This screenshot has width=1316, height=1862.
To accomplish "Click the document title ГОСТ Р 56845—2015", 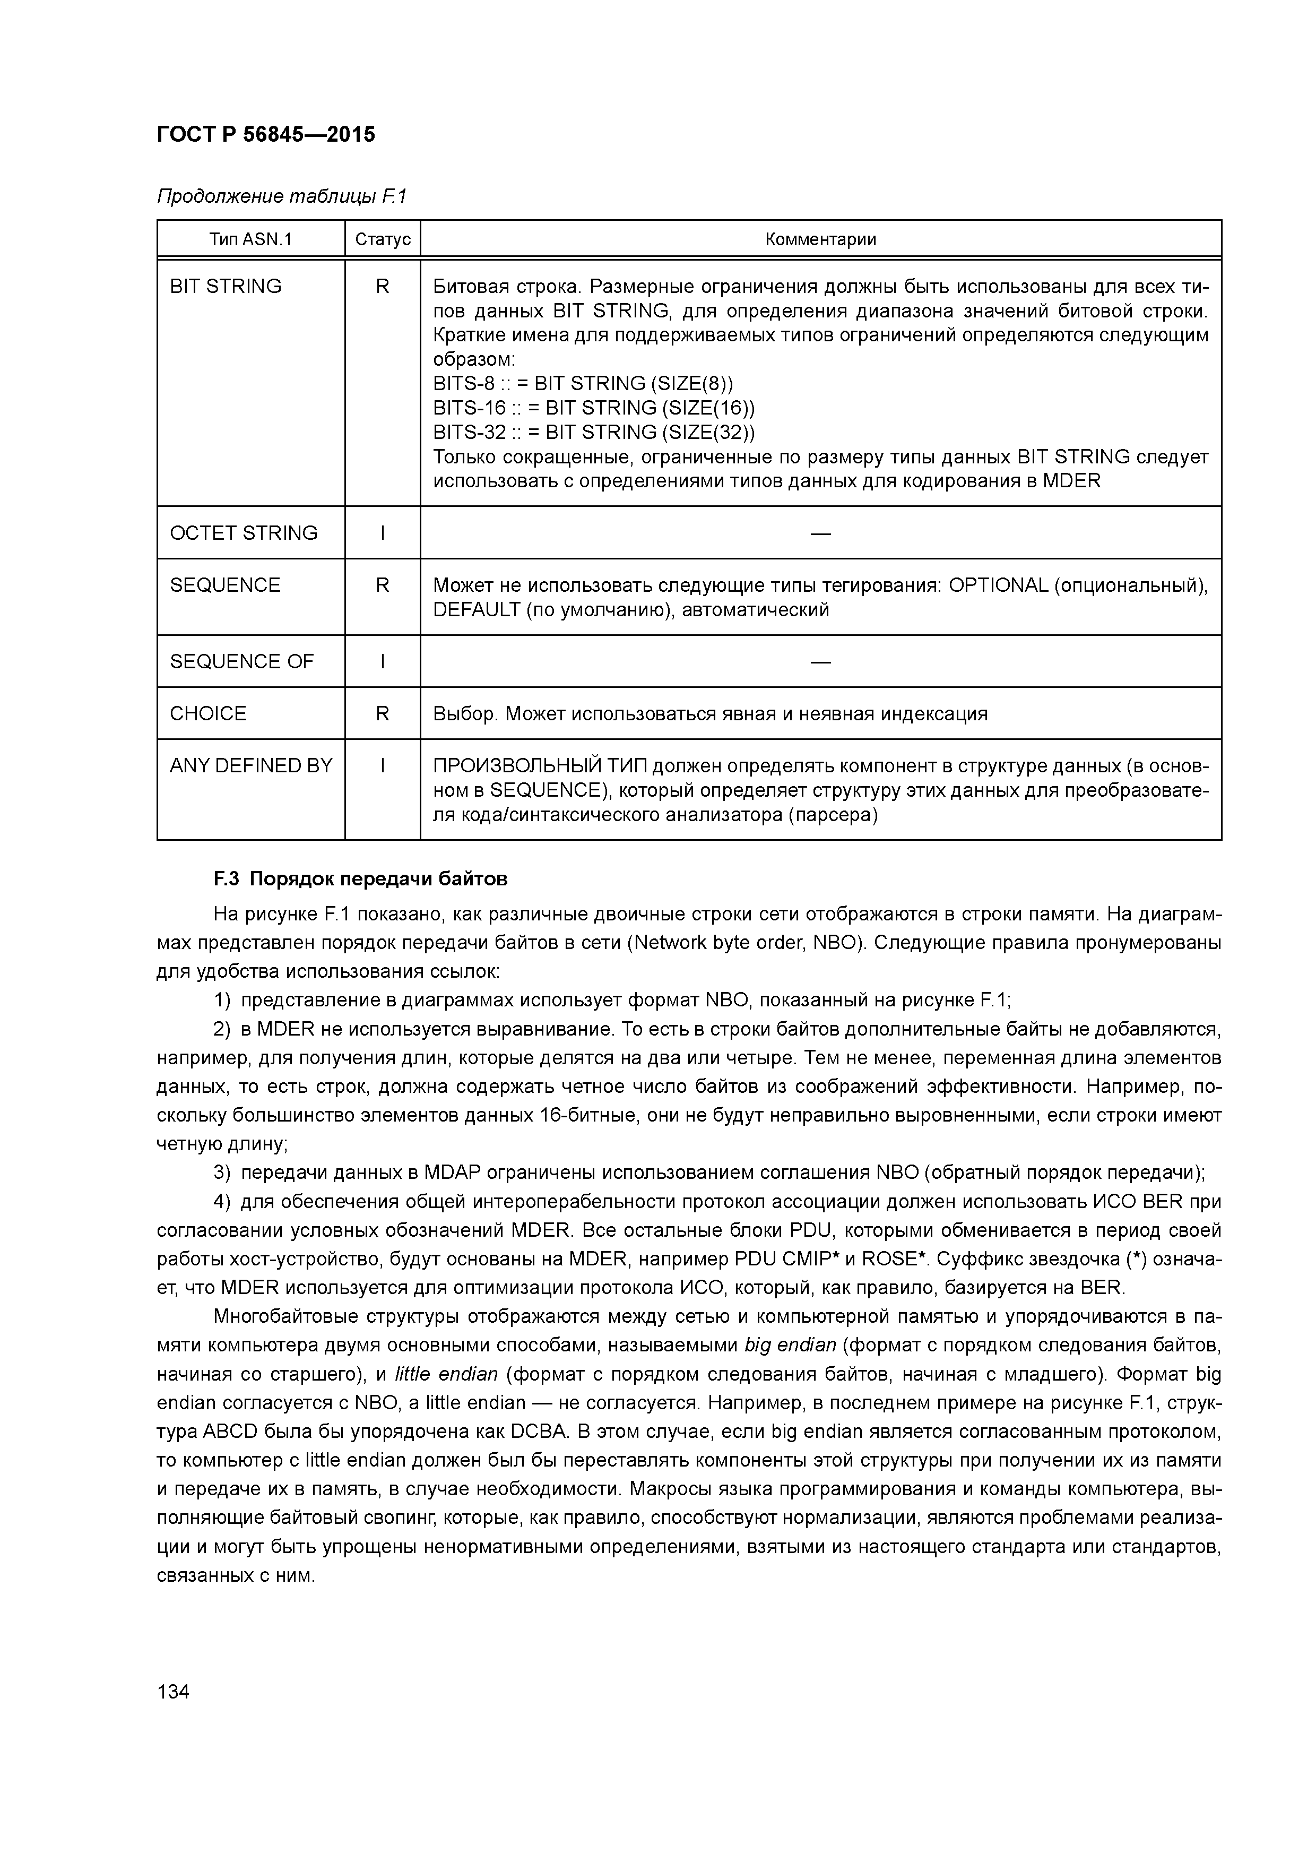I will [x=266, y=135].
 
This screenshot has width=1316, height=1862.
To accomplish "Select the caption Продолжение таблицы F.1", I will [x=281, y=196].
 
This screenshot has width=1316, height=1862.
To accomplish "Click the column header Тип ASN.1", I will [x=250, y=239].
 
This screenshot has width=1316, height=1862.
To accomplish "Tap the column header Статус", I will [x=383, y=239].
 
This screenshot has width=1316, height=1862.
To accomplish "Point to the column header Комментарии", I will [x=820, y=239].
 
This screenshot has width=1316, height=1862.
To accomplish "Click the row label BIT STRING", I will [x=226, y=286].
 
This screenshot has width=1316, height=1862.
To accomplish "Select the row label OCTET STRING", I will [x=243, y=533].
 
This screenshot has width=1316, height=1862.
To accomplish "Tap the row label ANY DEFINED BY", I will [x=250, y=765].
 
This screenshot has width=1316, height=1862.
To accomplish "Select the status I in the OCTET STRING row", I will [x=383, y=533].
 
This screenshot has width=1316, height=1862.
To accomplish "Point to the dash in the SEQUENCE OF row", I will [x=820, y=662].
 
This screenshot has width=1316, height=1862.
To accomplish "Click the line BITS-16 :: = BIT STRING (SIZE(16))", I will [x=594, y=408].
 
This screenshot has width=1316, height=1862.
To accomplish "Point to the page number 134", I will [x=172, y=1692].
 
